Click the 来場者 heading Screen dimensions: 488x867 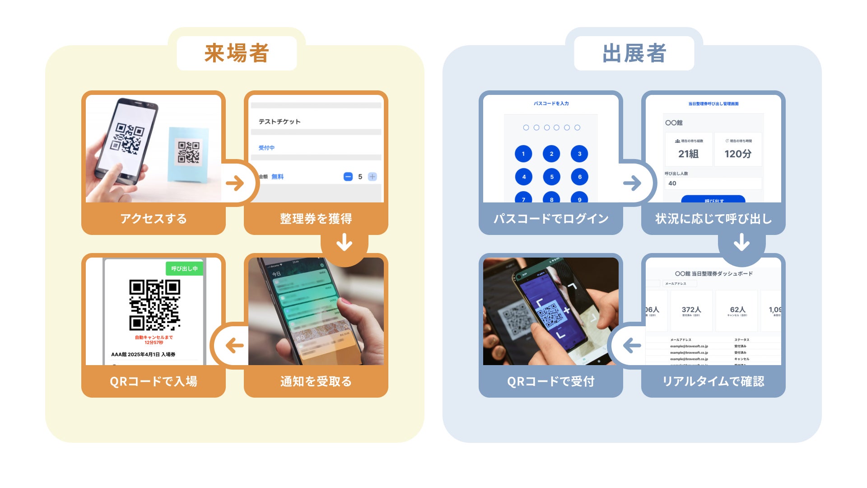point(237,53)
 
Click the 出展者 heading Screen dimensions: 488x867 point(634,53)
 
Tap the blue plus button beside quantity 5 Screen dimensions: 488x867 point(372,177)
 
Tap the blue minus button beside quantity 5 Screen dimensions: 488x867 point(348,177)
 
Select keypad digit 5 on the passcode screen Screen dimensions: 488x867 point(551,177)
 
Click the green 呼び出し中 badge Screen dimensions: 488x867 point(184,268)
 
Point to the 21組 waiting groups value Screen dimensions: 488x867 point(688,154)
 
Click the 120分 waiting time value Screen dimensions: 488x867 point(738,154)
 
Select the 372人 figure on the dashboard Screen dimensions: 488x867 point(691,310)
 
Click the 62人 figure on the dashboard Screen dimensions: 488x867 point(737,310)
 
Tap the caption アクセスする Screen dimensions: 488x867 point(154,219)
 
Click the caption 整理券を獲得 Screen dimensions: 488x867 point(316,219)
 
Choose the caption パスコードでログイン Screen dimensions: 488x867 point(551,219)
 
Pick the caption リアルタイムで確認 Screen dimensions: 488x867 point(713,381)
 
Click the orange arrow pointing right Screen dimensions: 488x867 point(235,183)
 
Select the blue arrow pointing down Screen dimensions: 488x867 point(741,242)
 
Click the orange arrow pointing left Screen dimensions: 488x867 point(235,346)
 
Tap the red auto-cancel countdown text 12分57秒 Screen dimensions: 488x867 point(154,343)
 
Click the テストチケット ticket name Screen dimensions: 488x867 point(280,122)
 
